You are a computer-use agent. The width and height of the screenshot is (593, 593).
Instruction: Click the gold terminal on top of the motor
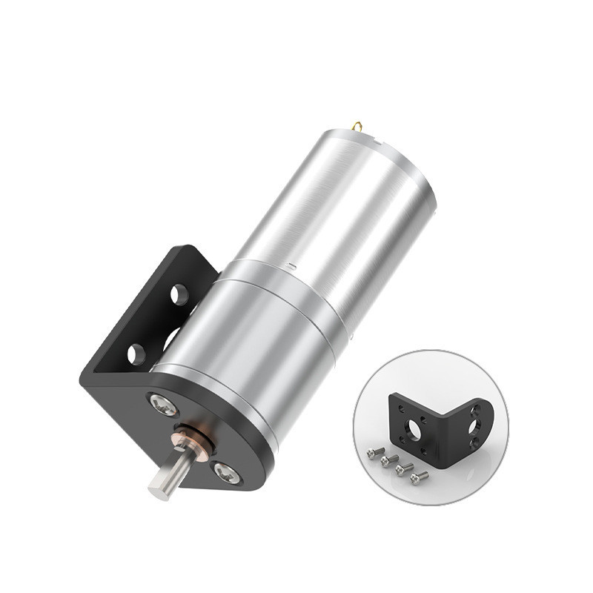point(357,126)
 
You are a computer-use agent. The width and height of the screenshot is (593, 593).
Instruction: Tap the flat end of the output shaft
point(159,490)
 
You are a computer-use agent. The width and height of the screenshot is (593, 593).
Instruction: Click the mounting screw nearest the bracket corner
point(163,405)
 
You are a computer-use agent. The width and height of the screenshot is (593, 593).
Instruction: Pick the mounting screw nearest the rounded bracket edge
point(226,471)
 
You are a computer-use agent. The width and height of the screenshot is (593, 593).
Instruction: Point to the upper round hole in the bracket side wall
point(179,294)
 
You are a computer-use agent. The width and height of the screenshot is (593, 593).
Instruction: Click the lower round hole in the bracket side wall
point(136,354)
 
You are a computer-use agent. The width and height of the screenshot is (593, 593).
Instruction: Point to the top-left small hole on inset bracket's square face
point(401,408)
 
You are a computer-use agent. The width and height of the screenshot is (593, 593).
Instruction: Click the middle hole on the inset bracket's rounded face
point(474,425)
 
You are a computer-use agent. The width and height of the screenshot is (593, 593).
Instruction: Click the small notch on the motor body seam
point(294,263)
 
